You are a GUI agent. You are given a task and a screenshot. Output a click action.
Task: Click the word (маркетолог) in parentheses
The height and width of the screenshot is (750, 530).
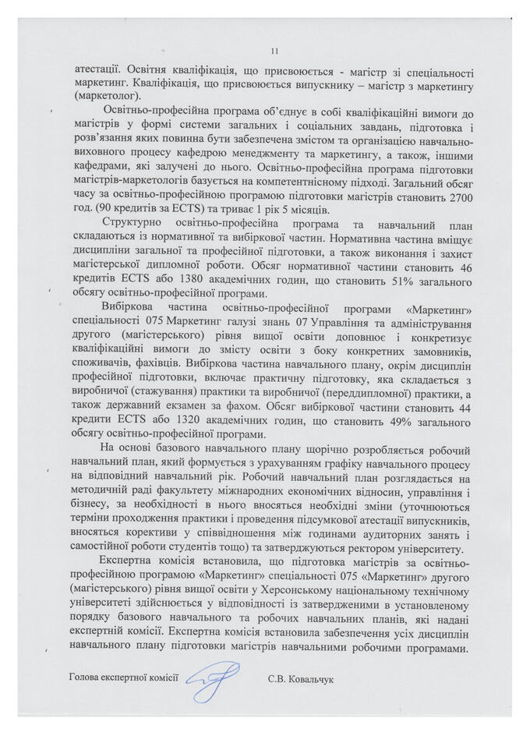[100, 97]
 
